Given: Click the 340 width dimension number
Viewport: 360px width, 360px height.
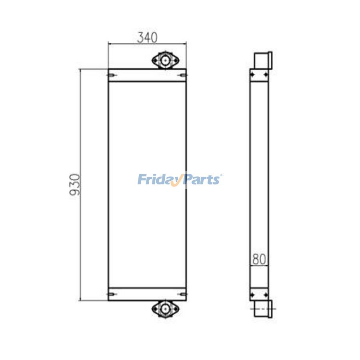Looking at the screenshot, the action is [x=147, y=38].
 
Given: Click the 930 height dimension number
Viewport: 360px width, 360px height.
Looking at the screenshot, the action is [x=75, y=184].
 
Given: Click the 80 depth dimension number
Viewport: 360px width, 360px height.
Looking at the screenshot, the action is [x=259, y=259].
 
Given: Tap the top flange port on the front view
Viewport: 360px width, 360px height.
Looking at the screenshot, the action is [x=165, y=60].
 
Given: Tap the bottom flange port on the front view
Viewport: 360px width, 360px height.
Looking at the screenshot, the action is [x=165, y=309].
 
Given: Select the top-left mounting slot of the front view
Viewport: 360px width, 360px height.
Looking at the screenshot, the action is [x=112, y=75].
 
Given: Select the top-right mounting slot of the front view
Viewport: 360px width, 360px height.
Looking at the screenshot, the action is [x=183, y=75].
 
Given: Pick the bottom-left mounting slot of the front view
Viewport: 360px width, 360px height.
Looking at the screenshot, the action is [x=112, y=294].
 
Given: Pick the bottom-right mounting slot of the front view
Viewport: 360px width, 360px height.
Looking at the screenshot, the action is [x=183, y=294].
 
